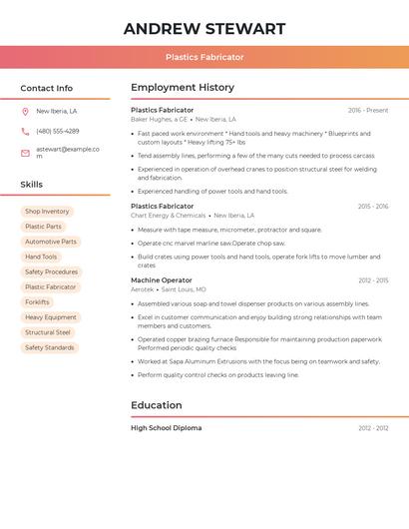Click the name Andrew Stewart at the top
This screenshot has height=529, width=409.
pyautogui.click(x=204, y=29)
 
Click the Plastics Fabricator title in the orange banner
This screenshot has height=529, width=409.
pyautogui.click(x=204, y=58)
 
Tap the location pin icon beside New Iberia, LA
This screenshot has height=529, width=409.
pyautogui.click(x=25, y=111)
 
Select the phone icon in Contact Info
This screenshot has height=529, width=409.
pyautogui.click(x=25, y=131)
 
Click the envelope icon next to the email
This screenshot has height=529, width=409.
pyautogui.click(x=25, y=152)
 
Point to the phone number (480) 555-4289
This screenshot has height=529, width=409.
pyautogui.click(x=57, y=131)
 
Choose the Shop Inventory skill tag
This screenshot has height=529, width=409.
pyautogui.click(x=47, y=212)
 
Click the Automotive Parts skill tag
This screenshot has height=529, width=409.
pyautogui.click(x=50, y=242)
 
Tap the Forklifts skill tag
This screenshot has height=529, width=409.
pyautogui.click(x=37, y=302)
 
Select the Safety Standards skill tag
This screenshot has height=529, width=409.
pyautogui.click(x=49, y=347)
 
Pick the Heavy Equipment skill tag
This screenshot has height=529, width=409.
pyautogui.click(x=50, y=317)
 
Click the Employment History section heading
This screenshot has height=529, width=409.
pyautogui.click(x=183, y=88)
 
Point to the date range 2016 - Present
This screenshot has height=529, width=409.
pyautogui.click(x=368, y=110)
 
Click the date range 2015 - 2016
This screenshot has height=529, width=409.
pyautogui.click(x=372, y=207)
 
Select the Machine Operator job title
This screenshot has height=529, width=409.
pyautogui.click(x=162, y=280)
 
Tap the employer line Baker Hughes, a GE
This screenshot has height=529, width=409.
pyautogui.click(x=160, y=119)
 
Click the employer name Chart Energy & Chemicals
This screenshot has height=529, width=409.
pyautogui.click(x=168, y=216)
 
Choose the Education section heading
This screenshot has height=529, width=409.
pyautogui.click(x=157, y=405)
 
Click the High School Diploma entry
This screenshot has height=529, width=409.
pyautogui.click(x=166, y=428)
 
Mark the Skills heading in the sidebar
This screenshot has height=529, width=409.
pyautogui.click(x=32, y=185)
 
